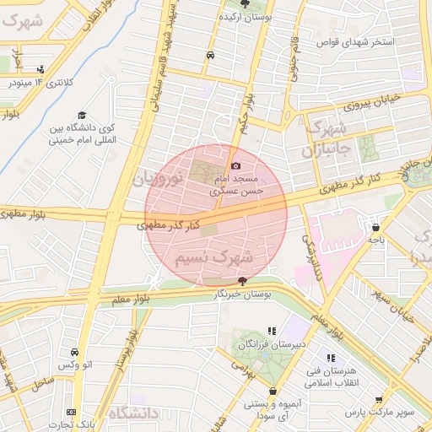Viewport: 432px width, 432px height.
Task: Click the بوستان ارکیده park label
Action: [245, 17]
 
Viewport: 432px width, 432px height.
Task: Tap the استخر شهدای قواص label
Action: [354, 41]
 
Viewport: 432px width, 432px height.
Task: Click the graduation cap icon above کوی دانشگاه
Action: [82, 116]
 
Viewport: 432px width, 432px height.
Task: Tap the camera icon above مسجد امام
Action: [235, 166]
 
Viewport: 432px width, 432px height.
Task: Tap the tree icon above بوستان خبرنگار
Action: [243, 280]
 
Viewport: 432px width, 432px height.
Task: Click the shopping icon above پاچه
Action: [375, 226]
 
